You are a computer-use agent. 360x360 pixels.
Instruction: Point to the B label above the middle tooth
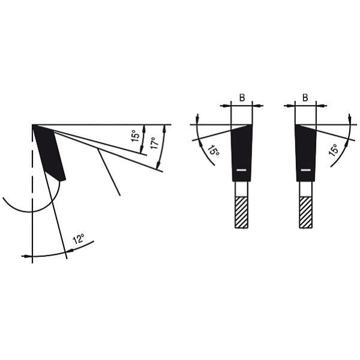pos(242,97)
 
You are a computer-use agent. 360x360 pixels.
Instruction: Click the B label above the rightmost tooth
pos(305,97)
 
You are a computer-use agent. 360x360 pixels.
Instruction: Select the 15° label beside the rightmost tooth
pos(334,149)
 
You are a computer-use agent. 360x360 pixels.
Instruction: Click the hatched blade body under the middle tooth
pos(241,212)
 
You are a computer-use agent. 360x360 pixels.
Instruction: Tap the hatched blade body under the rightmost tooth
pos(306,212)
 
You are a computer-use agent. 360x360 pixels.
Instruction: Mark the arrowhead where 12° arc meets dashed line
pos(25,256)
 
